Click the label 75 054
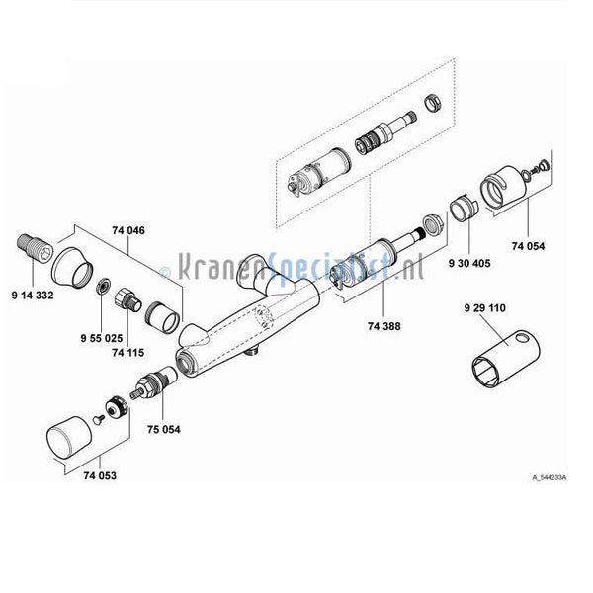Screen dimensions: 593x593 (x=164, y=429)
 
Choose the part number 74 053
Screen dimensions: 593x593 (x=100, y=475)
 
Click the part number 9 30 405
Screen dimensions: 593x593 (x=468, y=265)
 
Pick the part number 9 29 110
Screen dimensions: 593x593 (x=483, y=308)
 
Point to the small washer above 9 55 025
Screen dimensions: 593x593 (x=102, y=286)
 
